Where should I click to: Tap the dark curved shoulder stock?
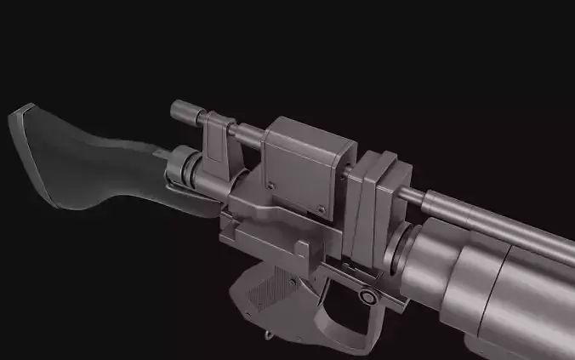102,166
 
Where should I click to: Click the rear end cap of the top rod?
179,111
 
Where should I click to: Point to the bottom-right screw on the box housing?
322,209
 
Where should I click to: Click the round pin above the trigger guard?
367,297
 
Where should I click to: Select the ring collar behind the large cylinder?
407,247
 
